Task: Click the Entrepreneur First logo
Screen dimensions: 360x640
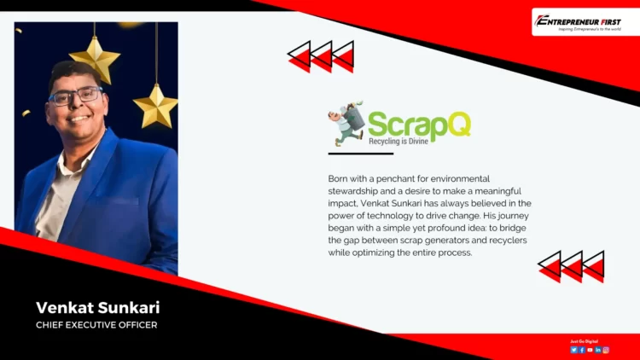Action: pos(585,21)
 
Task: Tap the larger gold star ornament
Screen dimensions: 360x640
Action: pos(95,59)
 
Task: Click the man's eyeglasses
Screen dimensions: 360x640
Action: pos(76,96)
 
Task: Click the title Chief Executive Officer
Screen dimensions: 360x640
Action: pos(96,325)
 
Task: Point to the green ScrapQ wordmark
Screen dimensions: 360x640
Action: pos(419,124)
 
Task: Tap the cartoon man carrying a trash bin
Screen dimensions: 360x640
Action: pos(347,125)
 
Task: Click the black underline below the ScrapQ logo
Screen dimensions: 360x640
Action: pos(360,154)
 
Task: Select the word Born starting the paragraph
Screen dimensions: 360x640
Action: pos(338,178)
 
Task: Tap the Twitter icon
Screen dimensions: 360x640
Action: pos(574,350)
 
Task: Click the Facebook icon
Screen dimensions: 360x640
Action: pos(582,350)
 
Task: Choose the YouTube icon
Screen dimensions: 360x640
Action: pos(590,350)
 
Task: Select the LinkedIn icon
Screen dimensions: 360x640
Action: pos(598,350)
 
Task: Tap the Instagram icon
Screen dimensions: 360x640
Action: pos(606,350)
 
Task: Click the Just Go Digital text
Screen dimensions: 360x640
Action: pos(585,341)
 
